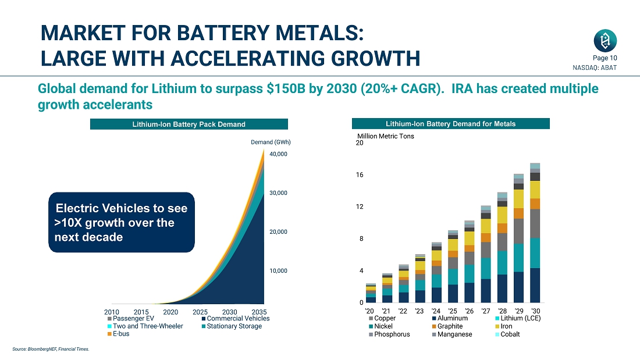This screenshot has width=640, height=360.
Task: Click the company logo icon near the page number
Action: [605, 41]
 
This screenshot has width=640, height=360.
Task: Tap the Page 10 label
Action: [605, 58]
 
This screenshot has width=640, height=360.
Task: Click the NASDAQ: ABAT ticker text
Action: [600, 68]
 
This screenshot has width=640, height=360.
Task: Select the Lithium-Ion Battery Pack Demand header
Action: [189, 124]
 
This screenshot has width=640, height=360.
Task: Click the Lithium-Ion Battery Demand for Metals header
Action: [450, 123]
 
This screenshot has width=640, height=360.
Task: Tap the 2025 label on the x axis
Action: [200, 312]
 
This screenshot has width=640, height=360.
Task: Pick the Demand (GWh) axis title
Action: [271, 142]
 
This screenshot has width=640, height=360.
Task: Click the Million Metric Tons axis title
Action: [385, 136]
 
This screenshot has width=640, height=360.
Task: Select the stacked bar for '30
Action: [535, 233]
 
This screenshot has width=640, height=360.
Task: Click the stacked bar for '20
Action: [371, 294]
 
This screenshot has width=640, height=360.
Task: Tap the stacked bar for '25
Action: [453, 267]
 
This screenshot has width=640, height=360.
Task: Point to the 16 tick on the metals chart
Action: [360, 175]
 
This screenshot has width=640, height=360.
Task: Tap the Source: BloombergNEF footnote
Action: [50, 349]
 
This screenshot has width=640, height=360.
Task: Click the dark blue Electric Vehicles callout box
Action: [121, 222]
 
